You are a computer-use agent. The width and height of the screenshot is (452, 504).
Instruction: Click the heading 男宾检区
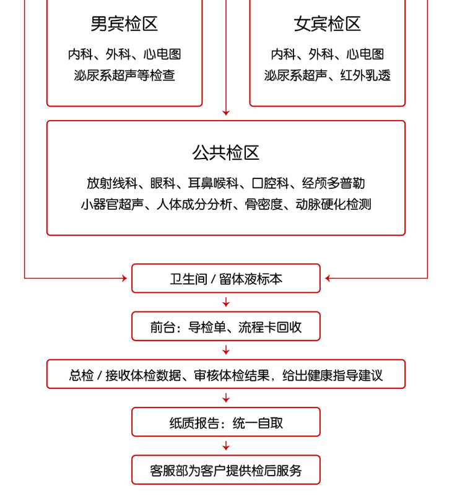pyautogui.click(x=124, y=24)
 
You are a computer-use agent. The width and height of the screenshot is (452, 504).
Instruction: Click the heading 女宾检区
pyautogui.click(x=327, y=24)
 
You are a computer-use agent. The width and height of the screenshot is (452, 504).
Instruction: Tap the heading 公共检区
pyautogui.click(x=226, y=152)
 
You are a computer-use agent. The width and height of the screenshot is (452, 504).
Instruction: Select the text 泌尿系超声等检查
pyautogui.click(x=124, y=76)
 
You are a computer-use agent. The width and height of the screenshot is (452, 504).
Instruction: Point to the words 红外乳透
pyautogui.click(x=365, y=76)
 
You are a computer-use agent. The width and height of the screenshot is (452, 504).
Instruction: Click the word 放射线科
pyautogui.click(x=111, y=183)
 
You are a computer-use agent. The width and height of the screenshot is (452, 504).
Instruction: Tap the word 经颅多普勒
pyautogui.click(x=333, y=183)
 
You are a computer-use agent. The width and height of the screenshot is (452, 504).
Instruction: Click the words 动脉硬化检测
pyautogui.click(x=333, y=204)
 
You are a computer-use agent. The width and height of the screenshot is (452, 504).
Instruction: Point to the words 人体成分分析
pyautogui.click(x=194, y=204)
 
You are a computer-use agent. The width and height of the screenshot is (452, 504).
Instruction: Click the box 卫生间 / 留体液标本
pyautogui.click(x=226, y=279)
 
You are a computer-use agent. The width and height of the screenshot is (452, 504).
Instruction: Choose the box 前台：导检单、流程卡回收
pyautogui.click(x=226, y=326)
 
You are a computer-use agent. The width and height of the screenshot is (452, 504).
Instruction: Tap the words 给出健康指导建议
pyautogui.click(x=332, y=375)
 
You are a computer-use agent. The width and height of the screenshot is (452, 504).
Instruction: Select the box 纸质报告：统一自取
pyautogui.click(x=226, y=422)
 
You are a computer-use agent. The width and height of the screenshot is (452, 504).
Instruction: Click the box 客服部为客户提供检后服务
pyautogui.click(x=226, y=470)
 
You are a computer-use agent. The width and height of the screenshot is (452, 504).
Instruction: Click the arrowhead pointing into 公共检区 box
pyautogui.click(x=226, y=113)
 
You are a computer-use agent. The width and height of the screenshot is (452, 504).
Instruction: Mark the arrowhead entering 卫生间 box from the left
pyautogui.click(x=125, y=279)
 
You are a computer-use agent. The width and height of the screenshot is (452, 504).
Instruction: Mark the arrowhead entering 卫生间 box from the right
pyautogui.click(x=328, y=279)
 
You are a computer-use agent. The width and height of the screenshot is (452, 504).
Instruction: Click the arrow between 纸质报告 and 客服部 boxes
pyautogui.click(x=226, y=446)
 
